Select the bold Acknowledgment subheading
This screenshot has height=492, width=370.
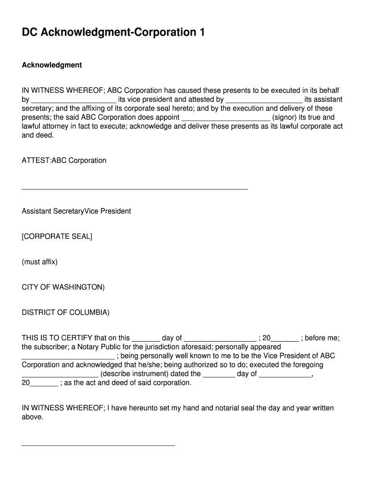[x=52, y=65]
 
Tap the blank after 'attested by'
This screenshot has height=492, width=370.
[x=264, y=100]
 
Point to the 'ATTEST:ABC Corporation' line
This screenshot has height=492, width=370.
[x=64, y=160]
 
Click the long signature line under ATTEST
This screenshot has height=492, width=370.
[x=135, y=189]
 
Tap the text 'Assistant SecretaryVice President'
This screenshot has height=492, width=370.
[x=76, y=211]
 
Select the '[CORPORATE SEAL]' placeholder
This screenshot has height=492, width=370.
[x=57, y=237]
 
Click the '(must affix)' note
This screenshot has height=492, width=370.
[x=40, y=262]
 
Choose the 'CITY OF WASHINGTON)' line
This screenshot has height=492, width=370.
[x=63, y=287]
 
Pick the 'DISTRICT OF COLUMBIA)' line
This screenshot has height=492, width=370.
[x=66, y=313]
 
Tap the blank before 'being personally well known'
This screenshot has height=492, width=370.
[x=68, y=357]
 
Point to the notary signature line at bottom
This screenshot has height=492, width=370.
[x=99, y=445]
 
